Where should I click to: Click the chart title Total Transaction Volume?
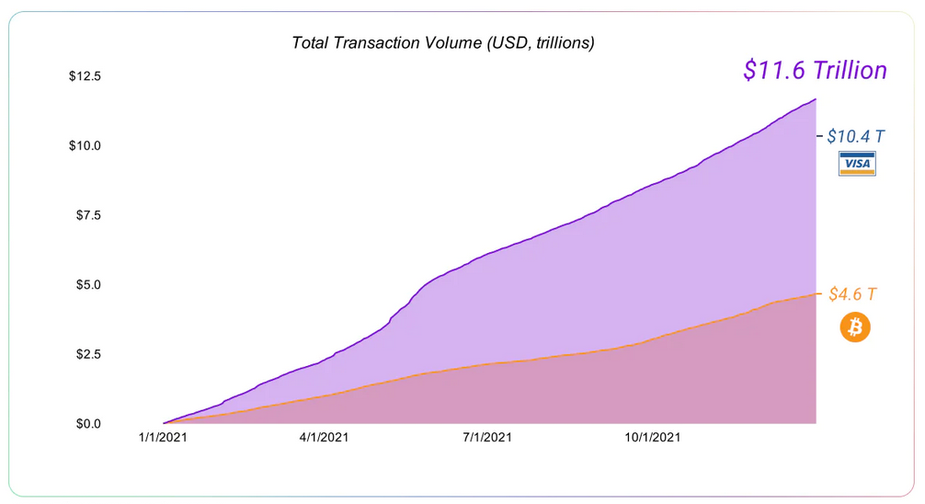[442, 42]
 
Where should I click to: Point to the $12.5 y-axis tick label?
[85, 75]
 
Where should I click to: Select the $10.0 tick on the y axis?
[85, 145]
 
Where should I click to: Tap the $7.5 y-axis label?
[87, 215]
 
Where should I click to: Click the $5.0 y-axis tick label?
[87, 284]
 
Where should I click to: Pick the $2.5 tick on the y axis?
[87, 354]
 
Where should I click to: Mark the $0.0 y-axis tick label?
[87, 424]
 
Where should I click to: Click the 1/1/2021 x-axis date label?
[163, 439]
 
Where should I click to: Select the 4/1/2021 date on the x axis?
[324, 439]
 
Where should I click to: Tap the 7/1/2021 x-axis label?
[487, 439]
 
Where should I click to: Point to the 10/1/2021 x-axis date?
[654, 439]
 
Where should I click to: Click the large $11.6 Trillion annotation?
[815, 70]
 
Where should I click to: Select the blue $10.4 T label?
[856, 136]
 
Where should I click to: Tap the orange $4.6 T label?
[852, 294]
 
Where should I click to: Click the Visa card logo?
[857, 164]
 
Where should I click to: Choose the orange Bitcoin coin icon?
[855, 327]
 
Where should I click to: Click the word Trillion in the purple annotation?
[850, 70]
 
